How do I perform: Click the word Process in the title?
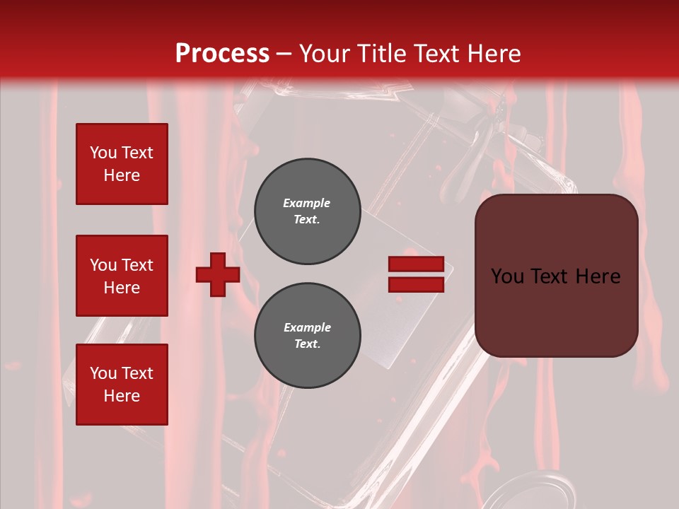(222, 54)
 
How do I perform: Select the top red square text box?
(122, 164)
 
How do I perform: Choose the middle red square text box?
(122, 276)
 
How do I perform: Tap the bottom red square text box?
(122, 385)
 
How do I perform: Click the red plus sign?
(218, 274)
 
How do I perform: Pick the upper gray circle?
(307, 211)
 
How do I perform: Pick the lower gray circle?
(307, 336)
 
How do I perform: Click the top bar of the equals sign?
(416, 264)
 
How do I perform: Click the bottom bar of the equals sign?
(416, 284)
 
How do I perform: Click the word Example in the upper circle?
(307, 203)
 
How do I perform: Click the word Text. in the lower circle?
(307, 344)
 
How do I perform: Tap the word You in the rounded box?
(507, 276)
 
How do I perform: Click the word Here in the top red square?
(122, 175)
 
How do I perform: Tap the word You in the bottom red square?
(103, 373)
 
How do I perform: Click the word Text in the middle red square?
(137, 265)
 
